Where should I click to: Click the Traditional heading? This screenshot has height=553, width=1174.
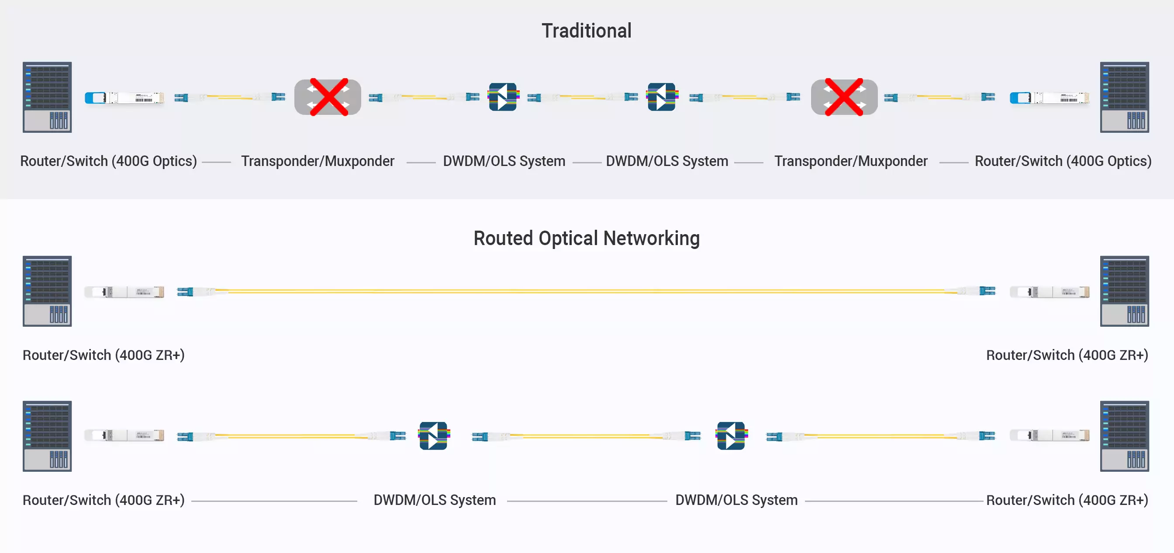[586, 31]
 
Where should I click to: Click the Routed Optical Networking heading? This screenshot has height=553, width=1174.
[586, 238]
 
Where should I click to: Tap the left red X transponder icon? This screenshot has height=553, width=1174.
[328, 97]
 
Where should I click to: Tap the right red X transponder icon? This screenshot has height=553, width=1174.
[844, 97]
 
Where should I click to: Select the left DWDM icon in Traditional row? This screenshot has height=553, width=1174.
[503, 97]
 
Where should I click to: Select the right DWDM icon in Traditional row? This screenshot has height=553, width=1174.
[661, 97]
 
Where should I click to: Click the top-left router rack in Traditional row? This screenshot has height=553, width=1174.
[48, 97]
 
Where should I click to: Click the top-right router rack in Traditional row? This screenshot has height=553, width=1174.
[1124, 97]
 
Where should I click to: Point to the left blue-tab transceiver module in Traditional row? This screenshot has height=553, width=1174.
[124, 97]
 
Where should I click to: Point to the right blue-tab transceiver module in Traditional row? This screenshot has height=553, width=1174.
[1049, 97]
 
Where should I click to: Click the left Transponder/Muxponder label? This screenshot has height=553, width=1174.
[318, 161]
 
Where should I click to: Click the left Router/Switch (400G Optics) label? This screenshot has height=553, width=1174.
[108, 161]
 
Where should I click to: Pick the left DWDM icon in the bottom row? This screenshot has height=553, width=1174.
[433, 436]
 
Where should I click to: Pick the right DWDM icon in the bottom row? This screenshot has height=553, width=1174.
[731, 436]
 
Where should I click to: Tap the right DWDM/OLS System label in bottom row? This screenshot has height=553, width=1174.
[736, 500]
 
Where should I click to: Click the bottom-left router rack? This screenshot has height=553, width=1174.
[48, 436]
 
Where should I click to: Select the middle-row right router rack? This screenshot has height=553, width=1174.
[1124, 291]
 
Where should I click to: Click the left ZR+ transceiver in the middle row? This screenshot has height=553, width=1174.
[124, 292]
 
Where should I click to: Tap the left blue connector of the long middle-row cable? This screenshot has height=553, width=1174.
[186, 291]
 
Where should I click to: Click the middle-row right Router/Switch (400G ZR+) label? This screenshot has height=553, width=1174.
[1067, 355]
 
